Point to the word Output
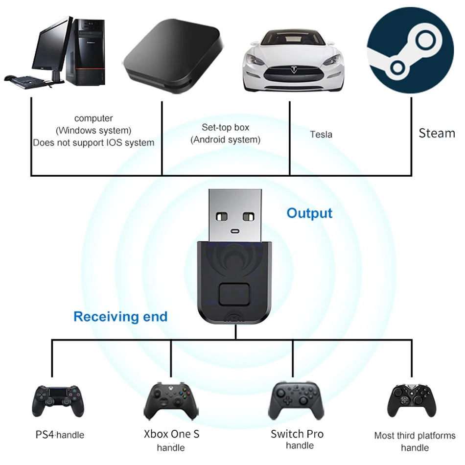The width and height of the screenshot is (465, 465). [x=309, y=213]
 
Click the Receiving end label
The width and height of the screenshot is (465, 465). [x=120, y=317]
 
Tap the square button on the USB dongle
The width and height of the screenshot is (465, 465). [x=235, y=295]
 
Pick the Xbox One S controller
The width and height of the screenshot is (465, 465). [x=171, y=400]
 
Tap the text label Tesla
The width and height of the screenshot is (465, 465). [x=321, y=134]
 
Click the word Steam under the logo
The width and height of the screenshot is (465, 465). [x=437, y=133]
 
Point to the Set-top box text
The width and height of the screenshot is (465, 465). [x=226, y=128]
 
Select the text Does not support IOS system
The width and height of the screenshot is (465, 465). [x=93, y=143]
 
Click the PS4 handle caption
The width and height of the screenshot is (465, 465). [x=60, y=435]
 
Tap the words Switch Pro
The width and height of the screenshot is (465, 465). [x=297, y=434]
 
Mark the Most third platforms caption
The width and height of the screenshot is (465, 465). [x=415, y=435]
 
